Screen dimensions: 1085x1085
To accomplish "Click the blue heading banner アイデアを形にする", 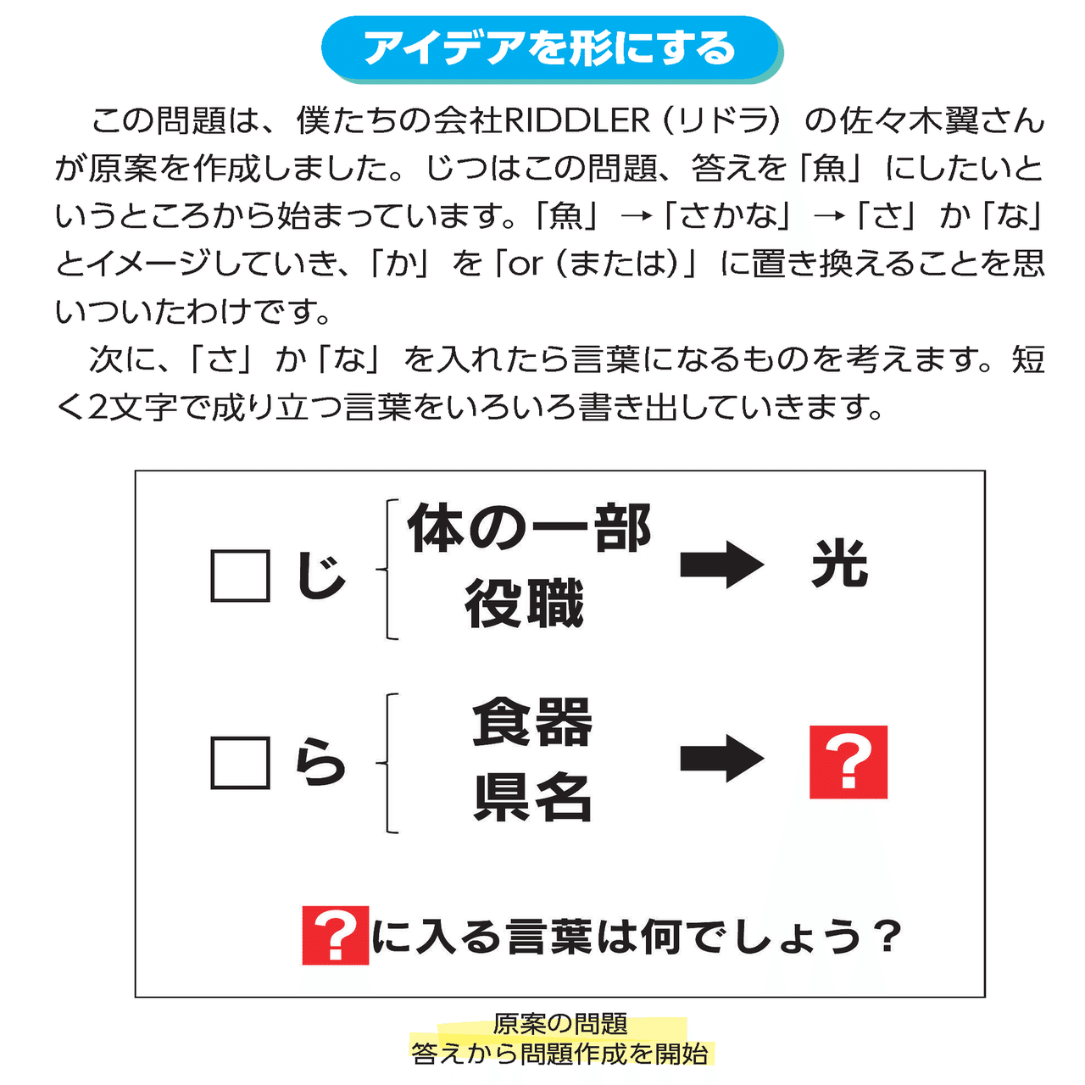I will pos(550,48).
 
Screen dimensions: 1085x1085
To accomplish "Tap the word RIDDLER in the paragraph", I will pos(577,121).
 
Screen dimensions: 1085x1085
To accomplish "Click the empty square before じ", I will pos(240,576).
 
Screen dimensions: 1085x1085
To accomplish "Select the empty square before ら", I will pos(240,763).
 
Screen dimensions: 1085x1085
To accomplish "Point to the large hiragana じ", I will pos(320,576).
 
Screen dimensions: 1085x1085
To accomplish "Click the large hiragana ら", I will pos(320,763).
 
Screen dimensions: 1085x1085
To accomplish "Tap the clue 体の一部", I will pos(529,529).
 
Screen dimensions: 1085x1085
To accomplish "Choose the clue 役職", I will pos(524,604).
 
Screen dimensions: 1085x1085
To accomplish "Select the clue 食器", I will pos(532,722).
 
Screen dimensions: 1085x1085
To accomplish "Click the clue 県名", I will pos(532,798).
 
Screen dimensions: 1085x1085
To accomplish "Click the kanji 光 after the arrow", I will pos(839,565).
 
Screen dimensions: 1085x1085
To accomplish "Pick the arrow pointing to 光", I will pos(721,565).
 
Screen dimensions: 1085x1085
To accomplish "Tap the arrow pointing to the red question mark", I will pos(721,759).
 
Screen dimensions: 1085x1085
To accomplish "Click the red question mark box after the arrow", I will pos(848,762).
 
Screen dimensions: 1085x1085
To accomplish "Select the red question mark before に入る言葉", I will pos(335,936).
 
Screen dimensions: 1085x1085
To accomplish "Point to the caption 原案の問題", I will pos(560,1024).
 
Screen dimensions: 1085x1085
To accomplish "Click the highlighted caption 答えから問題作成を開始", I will pos(560,1054).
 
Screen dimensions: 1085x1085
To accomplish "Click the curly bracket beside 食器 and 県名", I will pos(390,763).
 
